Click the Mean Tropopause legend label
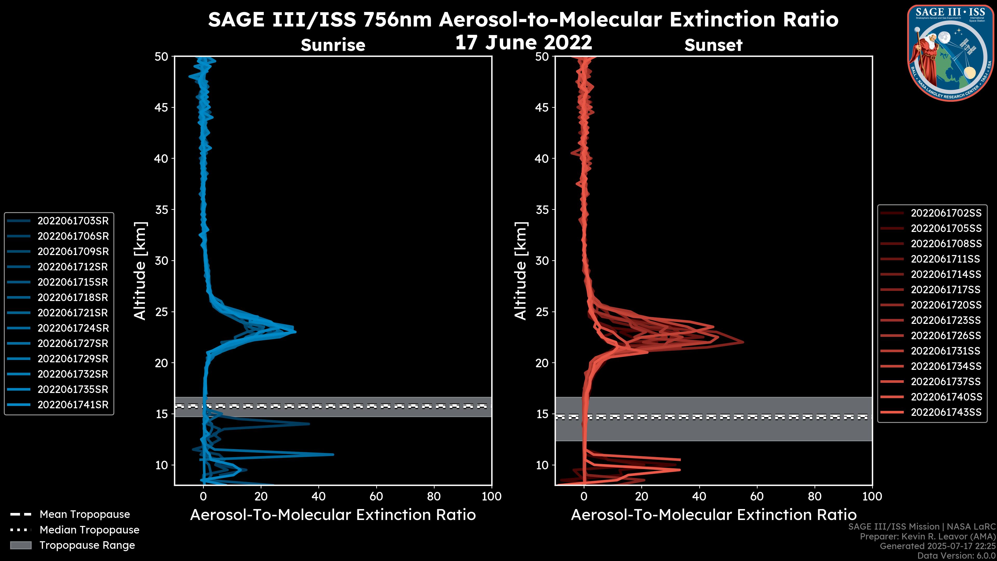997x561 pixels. point(85,515)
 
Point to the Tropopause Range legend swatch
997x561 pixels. point(21,545)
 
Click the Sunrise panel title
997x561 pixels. point(333,45)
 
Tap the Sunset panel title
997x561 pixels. point(713,45)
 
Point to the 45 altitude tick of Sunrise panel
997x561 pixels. point(161,108)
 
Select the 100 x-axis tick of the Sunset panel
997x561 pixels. point(872,496)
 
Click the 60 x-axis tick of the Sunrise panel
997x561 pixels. point(376,496)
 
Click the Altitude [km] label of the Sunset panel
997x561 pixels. point(521,271)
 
